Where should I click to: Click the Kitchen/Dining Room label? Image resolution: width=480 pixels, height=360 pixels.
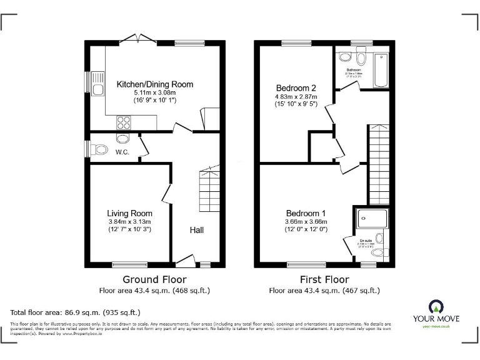(154, 84)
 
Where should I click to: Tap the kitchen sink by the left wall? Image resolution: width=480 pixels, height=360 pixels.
(98, 84)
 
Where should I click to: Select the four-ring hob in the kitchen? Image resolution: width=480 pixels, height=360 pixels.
(121, 122)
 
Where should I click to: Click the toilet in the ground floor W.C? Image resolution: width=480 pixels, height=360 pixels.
(99, 149)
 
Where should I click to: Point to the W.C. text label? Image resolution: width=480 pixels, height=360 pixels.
(122, 151)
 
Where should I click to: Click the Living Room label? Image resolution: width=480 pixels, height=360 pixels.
(129, 213)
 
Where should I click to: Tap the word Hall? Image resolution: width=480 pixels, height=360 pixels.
(197, 230)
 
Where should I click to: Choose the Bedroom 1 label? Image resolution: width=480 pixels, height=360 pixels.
(306, 212)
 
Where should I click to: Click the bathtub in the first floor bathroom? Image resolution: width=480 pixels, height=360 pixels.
(380, 70)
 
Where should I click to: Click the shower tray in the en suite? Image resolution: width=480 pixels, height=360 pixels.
(371, 219)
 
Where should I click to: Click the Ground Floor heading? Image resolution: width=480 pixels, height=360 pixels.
(154, 279)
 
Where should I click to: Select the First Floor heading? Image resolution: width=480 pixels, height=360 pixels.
(324, 279)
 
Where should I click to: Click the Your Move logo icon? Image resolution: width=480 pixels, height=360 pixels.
(436, 307)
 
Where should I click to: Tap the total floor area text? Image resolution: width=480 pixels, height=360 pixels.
(75, 311)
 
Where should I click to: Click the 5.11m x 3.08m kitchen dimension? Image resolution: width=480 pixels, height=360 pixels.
(154, 92)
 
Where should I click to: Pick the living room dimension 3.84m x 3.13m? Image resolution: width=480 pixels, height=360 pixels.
(129, 222)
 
